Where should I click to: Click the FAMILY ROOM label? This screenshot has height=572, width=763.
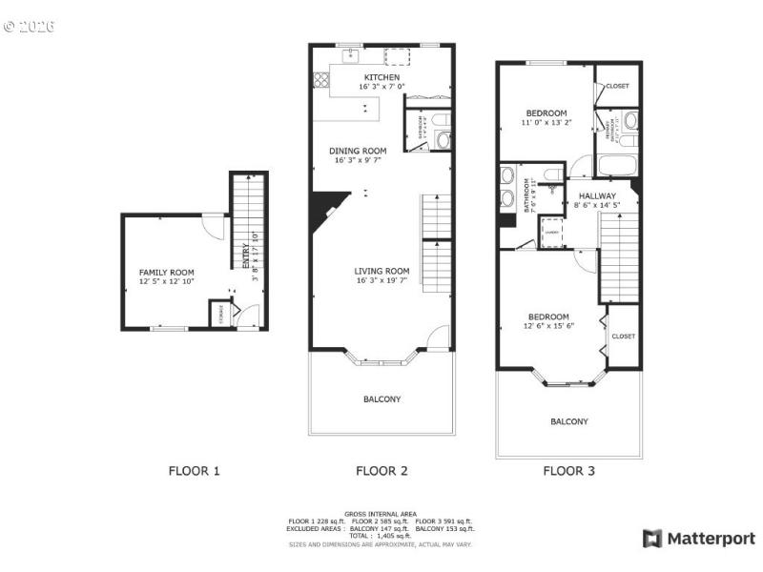(167, 272)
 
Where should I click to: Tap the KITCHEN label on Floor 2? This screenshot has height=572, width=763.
(381, 77)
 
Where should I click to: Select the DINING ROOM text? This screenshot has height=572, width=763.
(358, 151)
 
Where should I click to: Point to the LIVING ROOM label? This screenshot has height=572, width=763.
(381, 271)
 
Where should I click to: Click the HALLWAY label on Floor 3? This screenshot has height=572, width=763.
(597, 195)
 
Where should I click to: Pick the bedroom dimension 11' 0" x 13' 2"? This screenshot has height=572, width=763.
(546, 122)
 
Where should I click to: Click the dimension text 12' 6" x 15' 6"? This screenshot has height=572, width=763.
(547, 326)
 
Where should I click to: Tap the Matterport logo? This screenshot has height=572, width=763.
(699, 539)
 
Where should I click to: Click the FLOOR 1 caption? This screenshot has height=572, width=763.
(195, 470)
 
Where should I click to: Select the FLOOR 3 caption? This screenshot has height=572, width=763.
(569, 470)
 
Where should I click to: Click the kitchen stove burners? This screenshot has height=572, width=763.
(320, 80)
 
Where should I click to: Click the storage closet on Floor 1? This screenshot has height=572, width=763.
(221, 314)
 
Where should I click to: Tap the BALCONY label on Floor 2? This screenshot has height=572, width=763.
(381, 398)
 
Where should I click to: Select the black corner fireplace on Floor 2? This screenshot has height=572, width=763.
(321, 208)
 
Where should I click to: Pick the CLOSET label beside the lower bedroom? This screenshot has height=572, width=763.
(623, 337)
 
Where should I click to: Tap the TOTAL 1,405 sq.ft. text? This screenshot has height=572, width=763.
(381, 536)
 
